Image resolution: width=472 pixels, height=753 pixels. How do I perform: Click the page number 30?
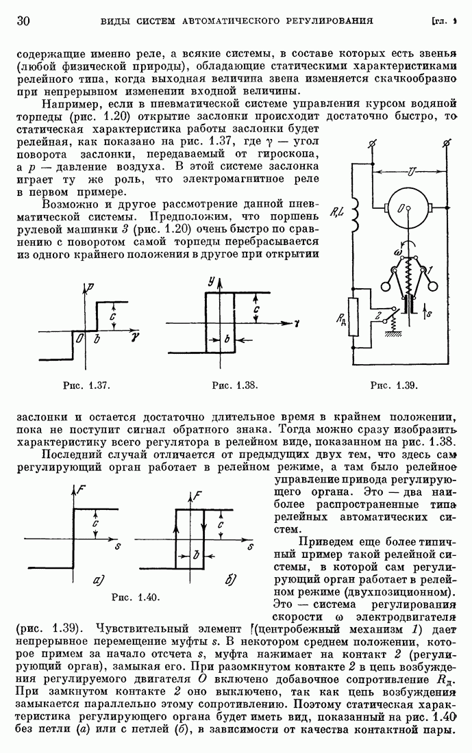point(23,21)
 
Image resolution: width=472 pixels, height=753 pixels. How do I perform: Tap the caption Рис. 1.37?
point(86,385)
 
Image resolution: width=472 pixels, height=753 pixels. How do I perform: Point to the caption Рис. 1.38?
point(235,385)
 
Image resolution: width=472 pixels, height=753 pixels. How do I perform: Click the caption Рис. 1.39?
point(394,385)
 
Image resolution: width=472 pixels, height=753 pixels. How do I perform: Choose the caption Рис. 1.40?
point(135,598)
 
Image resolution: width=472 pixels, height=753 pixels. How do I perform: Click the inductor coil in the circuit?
point(355,215)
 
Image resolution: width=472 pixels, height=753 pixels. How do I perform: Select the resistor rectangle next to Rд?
point(353,317)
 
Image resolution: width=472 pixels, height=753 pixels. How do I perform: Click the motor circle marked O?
point(408,208)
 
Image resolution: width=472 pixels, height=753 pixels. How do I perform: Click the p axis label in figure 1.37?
point(91,288)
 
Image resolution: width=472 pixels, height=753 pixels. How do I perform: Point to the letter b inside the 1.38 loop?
point(227,339)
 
